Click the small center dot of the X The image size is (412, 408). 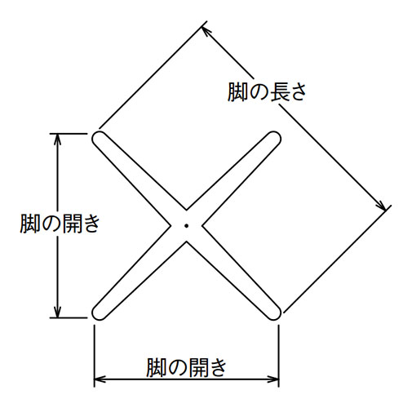[x=186, y=225]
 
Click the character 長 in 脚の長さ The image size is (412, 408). [x=277, y=92]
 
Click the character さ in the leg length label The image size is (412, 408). [x=297, y=92]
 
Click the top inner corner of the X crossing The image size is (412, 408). [x=186, y=210]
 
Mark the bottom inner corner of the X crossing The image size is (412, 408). [x=186, y=242]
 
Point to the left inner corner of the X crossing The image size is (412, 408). [x=171, y=225]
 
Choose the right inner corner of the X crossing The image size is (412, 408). [x=202, y=225]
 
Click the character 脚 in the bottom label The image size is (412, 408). [x=156, y=367]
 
